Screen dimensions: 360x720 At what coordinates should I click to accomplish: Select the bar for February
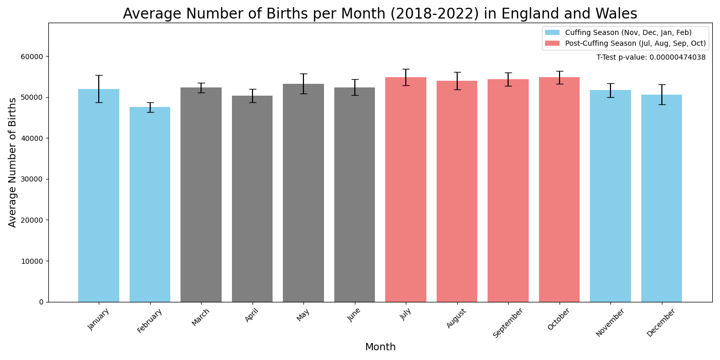[x=150, y=206]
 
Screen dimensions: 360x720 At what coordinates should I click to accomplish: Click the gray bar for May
[x=303, y=195]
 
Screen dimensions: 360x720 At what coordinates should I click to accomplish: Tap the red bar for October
[x=559, y=190]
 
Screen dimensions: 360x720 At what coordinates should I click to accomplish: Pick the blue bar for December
[x=661, y=201]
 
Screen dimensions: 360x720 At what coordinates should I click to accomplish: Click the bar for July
[x=406, y=190]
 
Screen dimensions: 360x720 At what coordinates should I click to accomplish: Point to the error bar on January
[x=99, y=88]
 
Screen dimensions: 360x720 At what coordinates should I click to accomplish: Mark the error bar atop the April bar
[x=253, y=96]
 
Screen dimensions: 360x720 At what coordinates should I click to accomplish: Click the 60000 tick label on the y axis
[x=32, y=57]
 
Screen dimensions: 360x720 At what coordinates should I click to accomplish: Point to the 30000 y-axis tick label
[x=32, y=179]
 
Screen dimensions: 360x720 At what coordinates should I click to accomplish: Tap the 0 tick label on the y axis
[x=41, y=302]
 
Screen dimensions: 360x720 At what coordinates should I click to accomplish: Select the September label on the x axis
[x=509, y=322]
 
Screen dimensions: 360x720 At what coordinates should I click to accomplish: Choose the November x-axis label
[x=610, y=322]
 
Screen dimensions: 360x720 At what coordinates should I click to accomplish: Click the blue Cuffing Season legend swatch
[x=552, y=33]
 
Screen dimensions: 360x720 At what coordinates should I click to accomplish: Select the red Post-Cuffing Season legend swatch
[x=552, y=44]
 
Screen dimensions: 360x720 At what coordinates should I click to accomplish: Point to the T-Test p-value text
[x=651, y=58]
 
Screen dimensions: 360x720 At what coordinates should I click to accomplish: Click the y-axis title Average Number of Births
[x=13, y=162]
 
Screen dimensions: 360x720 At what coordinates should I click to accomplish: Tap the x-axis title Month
[x=380, y=347]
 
